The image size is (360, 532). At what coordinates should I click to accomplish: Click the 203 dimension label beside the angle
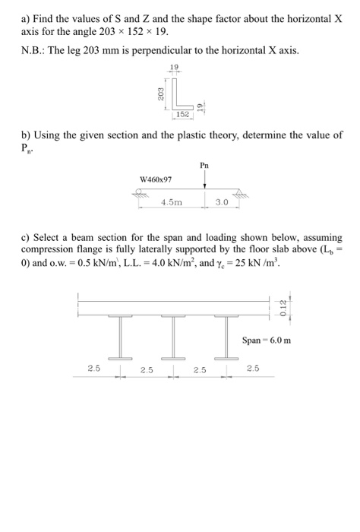point(160,93)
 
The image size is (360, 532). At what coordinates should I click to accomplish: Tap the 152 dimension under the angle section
point(182,114)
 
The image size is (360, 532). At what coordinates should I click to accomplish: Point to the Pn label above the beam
point(205,165)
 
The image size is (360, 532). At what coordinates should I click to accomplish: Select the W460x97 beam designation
point(156,179)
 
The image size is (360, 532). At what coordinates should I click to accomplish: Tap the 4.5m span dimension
point(172,203)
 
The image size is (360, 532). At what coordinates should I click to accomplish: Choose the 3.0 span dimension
point(222,203)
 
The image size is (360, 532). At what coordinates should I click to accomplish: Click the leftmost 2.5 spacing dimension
point(93,369)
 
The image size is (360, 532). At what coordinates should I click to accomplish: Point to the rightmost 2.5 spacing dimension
point(252,369)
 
